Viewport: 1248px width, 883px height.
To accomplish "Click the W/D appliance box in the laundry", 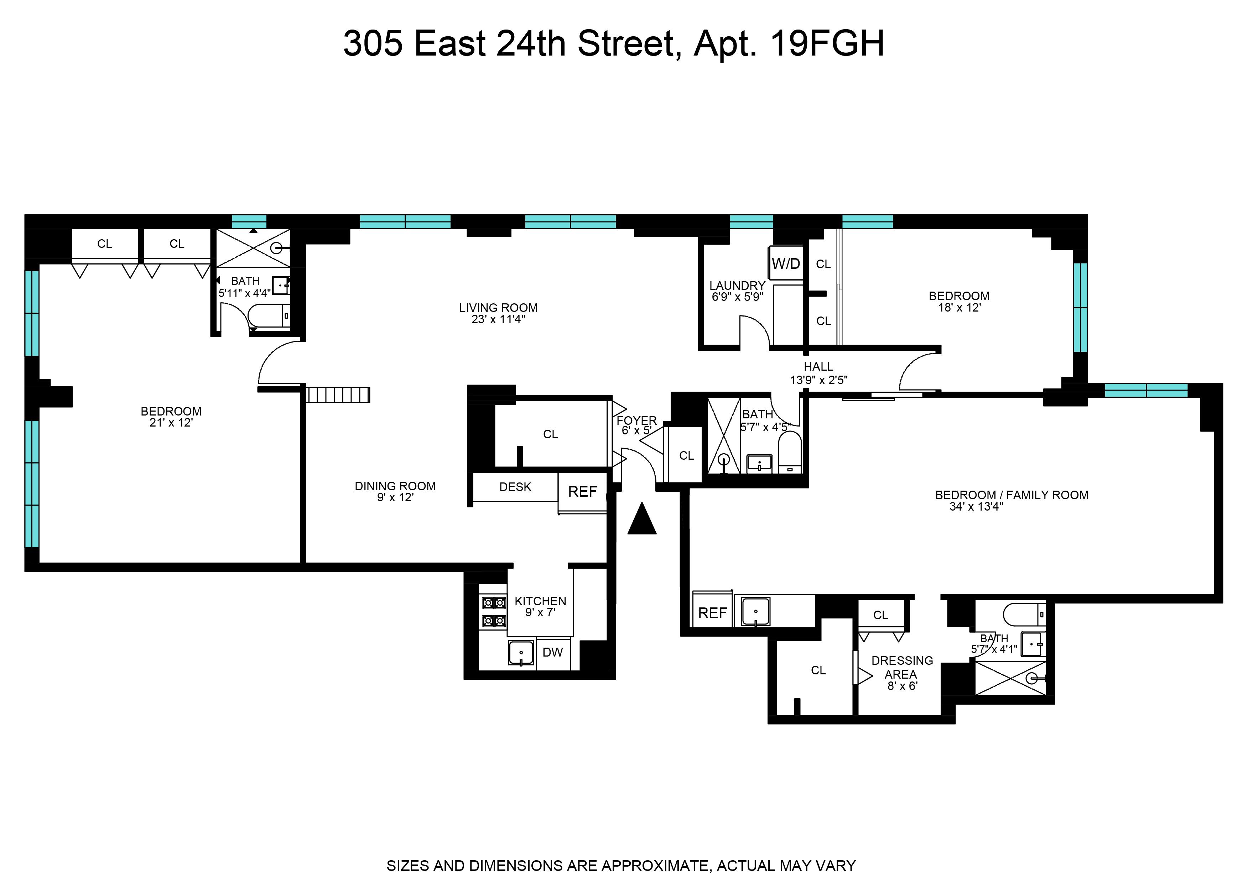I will [x=786, y=264].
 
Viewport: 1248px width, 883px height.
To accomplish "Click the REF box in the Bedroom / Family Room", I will [x=712, y=613].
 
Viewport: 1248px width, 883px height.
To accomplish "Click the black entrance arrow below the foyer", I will [x=642, y=519].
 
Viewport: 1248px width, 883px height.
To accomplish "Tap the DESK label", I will [x=515, y=487].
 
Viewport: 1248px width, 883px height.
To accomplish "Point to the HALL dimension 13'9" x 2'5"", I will [x=818, y=380].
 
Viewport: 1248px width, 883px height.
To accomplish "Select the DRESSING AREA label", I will [x=902, y=667].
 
